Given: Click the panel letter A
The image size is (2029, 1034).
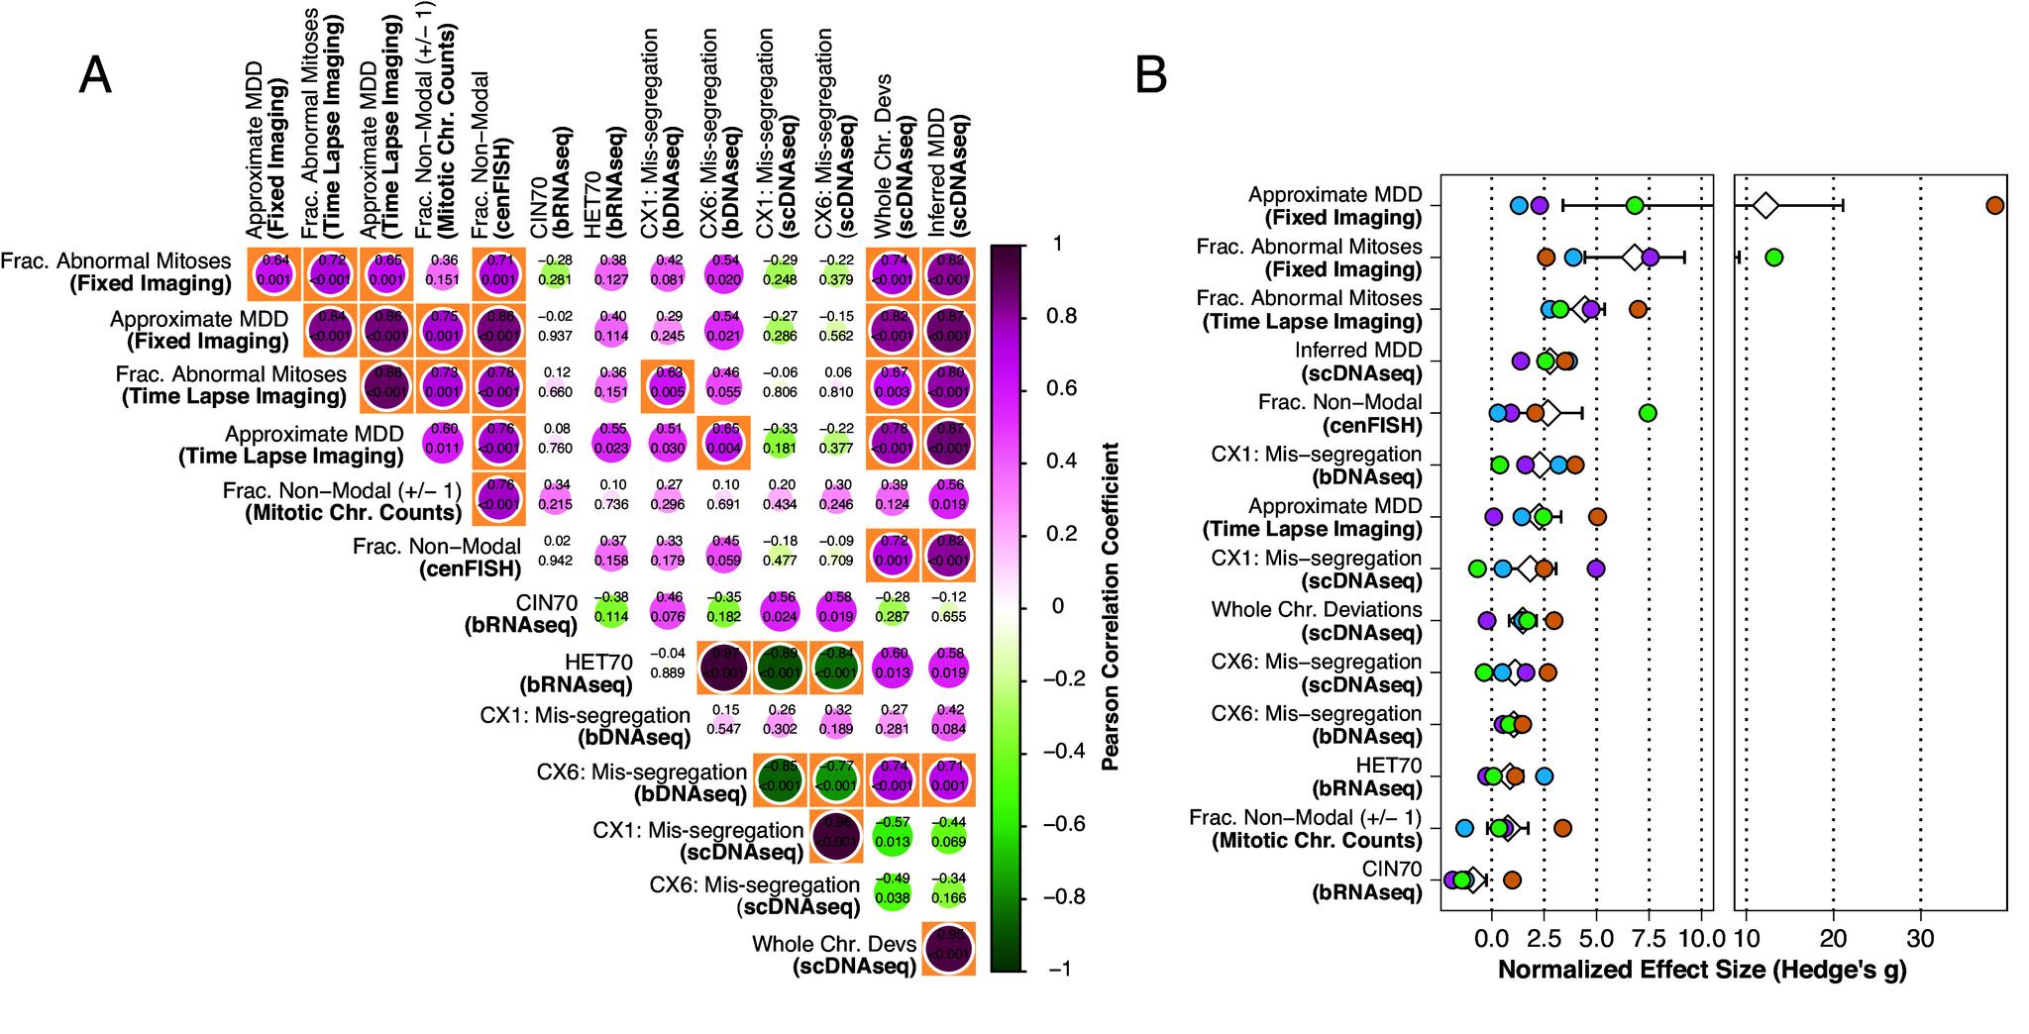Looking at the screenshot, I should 95,75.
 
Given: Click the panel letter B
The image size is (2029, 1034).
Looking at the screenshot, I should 1150,75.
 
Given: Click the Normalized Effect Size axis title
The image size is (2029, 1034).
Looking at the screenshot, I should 1701,969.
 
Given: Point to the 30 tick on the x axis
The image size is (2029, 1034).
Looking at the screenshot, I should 1921,938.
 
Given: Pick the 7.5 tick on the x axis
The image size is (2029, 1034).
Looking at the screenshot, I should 1649,938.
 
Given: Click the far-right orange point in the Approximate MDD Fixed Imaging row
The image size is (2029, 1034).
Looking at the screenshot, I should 1994,205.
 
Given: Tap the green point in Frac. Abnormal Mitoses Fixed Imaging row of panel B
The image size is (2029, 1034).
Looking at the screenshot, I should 1773,258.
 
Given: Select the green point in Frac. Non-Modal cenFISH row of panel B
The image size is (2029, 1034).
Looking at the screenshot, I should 1648,413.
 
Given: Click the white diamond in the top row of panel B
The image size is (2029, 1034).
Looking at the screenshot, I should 1764,206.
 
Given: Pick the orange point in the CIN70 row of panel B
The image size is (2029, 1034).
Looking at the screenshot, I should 1512,879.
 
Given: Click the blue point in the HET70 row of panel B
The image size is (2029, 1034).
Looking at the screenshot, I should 1544,776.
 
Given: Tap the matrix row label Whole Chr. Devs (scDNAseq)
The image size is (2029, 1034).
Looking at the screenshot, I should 834,955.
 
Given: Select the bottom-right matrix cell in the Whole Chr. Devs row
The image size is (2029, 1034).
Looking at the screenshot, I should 948,948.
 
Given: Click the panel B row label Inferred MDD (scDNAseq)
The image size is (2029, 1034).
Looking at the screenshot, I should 1357,362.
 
